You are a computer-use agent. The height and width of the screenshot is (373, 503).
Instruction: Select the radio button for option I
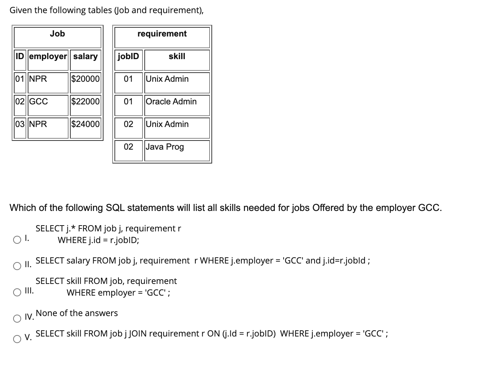17,240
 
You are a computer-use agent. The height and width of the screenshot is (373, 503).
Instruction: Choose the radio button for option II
17,266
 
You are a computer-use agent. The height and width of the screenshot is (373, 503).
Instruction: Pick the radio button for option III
17,292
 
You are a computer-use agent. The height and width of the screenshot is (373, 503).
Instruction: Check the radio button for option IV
17,319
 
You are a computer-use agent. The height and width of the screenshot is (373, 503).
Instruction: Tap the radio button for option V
17,339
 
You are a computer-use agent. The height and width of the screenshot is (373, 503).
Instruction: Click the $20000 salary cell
85,79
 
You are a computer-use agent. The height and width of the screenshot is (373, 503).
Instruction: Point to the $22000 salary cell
85,101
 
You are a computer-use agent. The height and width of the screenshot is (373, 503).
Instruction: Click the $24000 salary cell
85,124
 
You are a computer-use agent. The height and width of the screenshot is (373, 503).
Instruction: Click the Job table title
57,34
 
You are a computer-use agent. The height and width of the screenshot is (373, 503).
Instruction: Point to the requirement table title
162,34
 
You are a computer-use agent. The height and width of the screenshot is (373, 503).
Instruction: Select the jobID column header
128,56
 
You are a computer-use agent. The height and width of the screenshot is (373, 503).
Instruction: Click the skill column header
177,56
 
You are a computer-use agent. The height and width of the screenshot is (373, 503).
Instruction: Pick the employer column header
48,56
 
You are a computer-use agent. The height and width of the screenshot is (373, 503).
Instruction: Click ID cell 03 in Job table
20,124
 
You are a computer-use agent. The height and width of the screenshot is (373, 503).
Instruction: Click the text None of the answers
77,313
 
